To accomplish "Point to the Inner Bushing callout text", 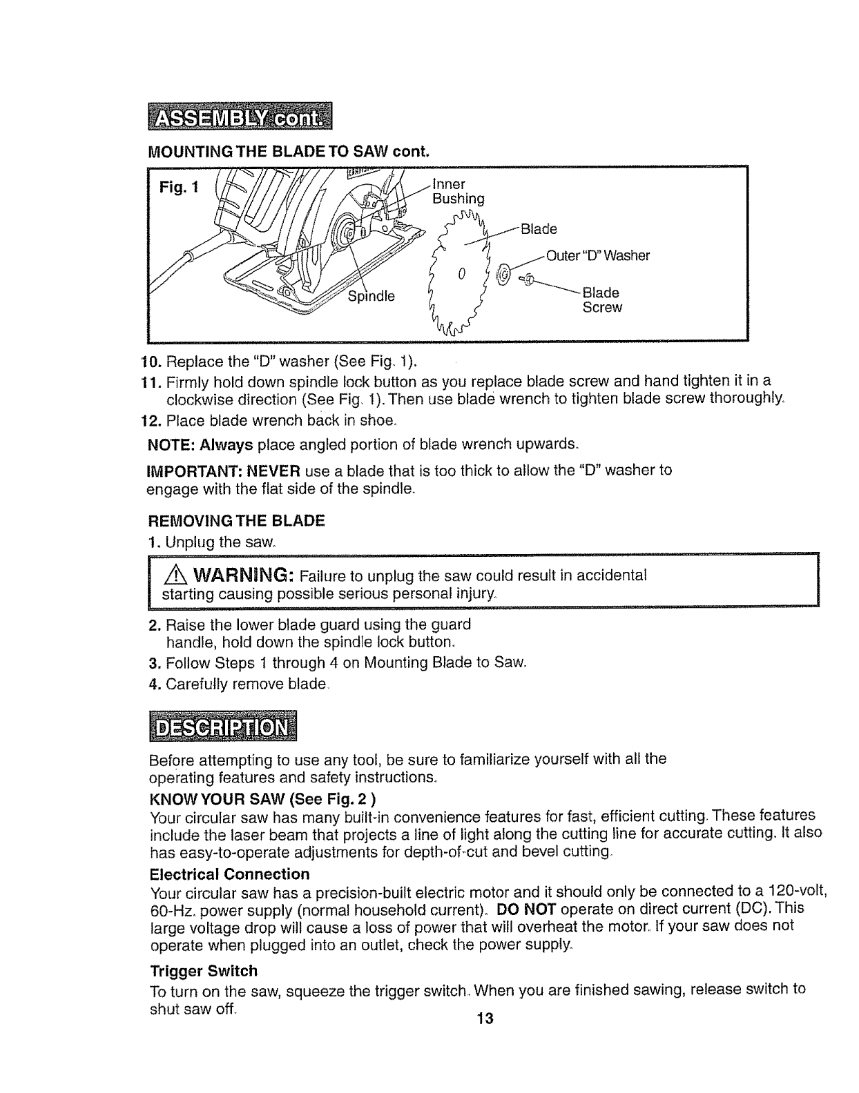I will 458,192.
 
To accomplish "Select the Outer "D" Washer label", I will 598,256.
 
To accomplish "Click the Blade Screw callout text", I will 601,299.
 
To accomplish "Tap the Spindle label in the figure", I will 371,297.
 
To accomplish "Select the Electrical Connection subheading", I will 229,874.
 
